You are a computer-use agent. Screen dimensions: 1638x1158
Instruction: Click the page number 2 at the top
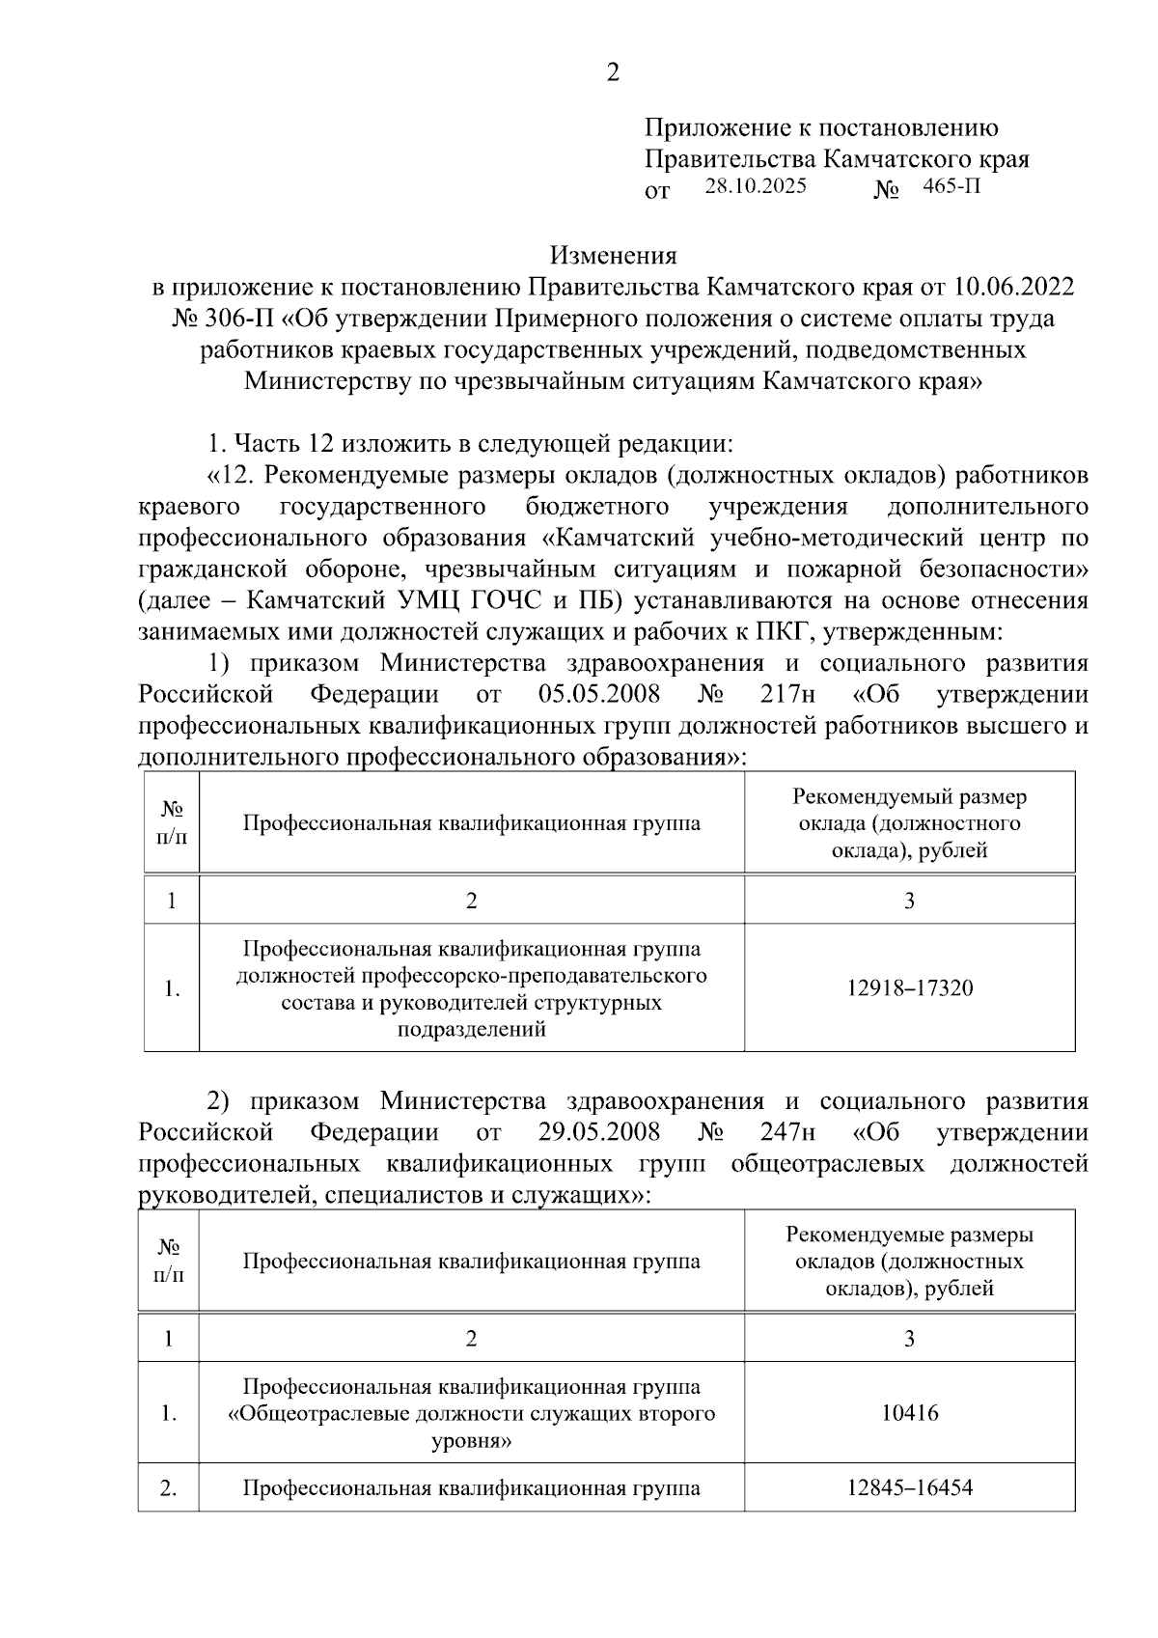point(613,72)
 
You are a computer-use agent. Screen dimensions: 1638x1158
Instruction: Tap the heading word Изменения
point(613,256)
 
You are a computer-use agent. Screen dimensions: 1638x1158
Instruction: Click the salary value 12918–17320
point(910,988)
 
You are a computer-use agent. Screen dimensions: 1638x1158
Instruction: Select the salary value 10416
point(910,1414)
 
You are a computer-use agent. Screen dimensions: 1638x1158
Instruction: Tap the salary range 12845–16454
point(910,1487)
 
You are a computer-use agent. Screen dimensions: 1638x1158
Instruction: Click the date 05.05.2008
point(599,695)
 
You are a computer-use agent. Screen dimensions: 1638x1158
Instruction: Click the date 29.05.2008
point(599,1132)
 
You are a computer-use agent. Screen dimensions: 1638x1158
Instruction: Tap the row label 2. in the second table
point(169,1488)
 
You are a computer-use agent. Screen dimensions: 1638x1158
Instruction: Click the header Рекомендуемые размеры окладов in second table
point(910,1235)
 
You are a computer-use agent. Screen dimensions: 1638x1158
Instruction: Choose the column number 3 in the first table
point(910,902)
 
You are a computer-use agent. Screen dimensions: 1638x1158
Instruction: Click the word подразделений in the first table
point(472,1029)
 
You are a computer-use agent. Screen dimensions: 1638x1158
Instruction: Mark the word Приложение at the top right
point(709,127)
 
